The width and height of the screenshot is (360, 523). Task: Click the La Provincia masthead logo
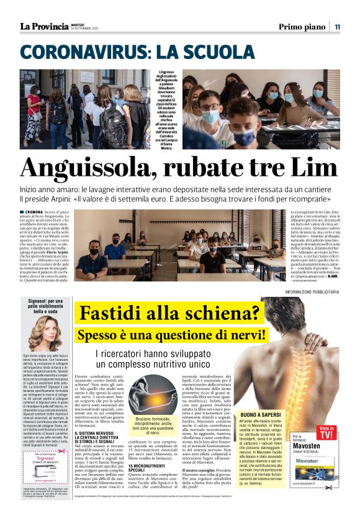click(x=43, y=26)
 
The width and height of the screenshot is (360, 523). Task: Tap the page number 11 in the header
click(x=337, y=26)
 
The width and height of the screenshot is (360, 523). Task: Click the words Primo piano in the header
click(x=302, y=26)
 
